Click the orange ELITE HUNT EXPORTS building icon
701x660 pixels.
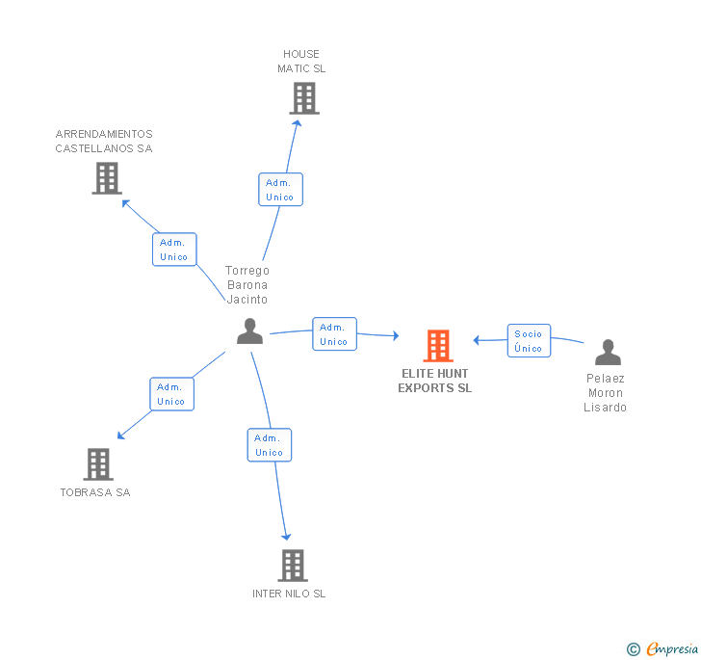coord(438,346)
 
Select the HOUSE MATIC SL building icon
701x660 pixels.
coord(303,98)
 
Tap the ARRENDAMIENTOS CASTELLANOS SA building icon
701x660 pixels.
coord(107,177)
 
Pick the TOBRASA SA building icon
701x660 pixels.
coord(97,464)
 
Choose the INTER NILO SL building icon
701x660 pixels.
coord(292,566)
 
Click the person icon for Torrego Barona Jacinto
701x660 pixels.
coord(249,331)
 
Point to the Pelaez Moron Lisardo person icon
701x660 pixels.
coord(608,353)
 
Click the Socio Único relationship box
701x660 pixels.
coord(529,341)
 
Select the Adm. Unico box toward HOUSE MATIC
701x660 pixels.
coord(280,190)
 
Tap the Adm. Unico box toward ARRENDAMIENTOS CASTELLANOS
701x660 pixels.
coord(174,250)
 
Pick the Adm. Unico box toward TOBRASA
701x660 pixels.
coord(171,394)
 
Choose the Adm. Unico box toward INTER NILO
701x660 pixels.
coord(269,445)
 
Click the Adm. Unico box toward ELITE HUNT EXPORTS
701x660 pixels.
coord(334,334)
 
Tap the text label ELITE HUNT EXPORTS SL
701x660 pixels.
coord(435,381)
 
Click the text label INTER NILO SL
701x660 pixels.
coord(289,594)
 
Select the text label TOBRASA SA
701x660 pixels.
coord(95,492)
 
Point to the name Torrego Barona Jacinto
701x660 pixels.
coord(247,284)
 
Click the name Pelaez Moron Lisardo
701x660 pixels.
coord(605,393)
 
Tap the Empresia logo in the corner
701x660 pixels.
coord(664,649)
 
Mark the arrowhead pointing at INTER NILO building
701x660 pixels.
coord(286,536)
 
